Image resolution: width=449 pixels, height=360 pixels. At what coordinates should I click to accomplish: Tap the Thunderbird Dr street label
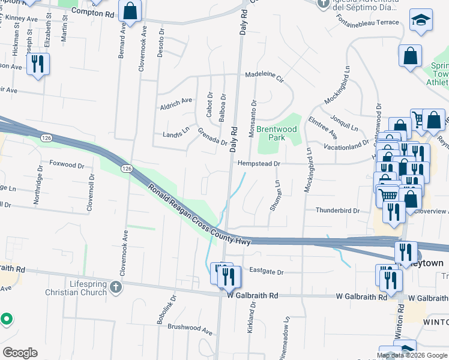(337, 211)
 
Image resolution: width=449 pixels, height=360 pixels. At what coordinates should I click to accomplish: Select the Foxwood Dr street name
(67, 164)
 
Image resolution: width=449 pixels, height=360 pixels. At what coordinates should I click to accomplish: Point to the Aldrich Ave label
(175, 102)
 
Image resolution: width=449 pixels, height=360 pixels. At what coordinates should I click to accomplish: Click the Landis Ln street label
(176, 135)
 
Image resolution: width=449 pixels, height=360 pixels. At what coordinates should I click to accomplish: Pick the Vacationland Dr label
(345, 145)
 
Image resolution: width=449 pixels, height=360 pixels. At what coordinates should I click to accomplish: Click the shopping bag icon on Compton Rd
(130, 10)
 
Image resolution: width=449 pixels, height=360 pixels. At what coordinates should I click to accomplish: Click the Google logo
(19, 353)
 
